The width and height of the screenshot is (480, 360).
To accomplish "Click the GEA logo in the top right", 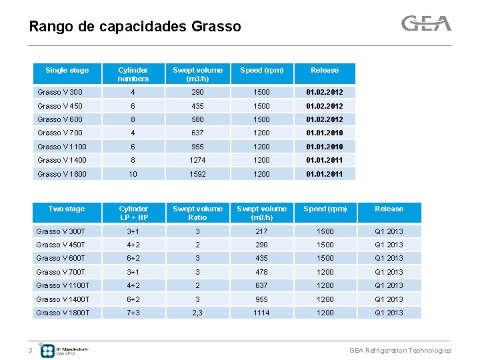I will coord(426,24).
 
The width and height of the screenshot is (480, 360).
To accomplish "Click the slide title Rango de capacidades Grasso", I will coord(135,27).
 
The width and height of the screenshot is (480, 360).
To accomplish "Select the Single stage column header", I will coord(67,71).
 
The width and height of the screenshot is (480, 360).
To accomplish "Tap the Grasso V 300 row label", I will coord(60,92).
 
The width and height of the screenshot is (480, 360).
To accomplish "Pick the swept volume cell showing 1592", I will coord(197,174).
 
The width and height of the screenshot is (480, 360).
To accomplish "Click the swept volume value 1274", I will coord(197,160).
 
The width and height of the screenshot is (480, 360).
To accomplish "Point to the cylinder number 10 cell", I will coord(133,174).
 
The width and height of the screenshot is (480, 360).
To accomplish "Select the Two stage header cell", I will coord(67,209).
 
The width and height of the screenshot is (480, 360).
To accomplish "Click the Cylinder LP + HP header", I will coord(133,213).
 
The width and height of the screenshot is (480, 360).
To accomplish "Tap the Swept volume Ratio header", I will coord(197,213).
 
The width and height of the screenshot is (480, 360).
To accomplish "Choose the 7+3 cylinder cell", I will coord(133,313).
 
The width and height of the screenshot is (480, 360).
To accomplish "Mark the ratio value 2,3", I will coord(197,313).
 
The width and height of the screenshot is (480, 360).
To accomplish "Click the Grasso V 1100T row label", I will coord(63,285).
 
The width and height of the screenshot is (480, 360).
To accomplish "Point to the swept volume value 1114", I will coord(261,313).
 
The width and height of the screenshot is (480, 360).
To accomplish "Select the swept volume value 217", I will coord(261,231).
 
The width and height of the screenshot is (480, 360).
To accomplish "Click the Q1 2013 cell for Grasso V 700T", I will coord(389,272).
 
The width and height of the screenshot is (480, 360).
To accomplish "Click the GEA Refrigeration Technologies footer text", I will coord(400,351).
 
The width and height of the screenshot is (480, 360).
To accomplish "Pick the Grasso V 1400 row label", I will coord(62,160).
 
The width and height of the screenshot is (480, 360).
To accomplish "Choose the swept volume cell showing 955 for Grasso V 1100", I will coord(197,147).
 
